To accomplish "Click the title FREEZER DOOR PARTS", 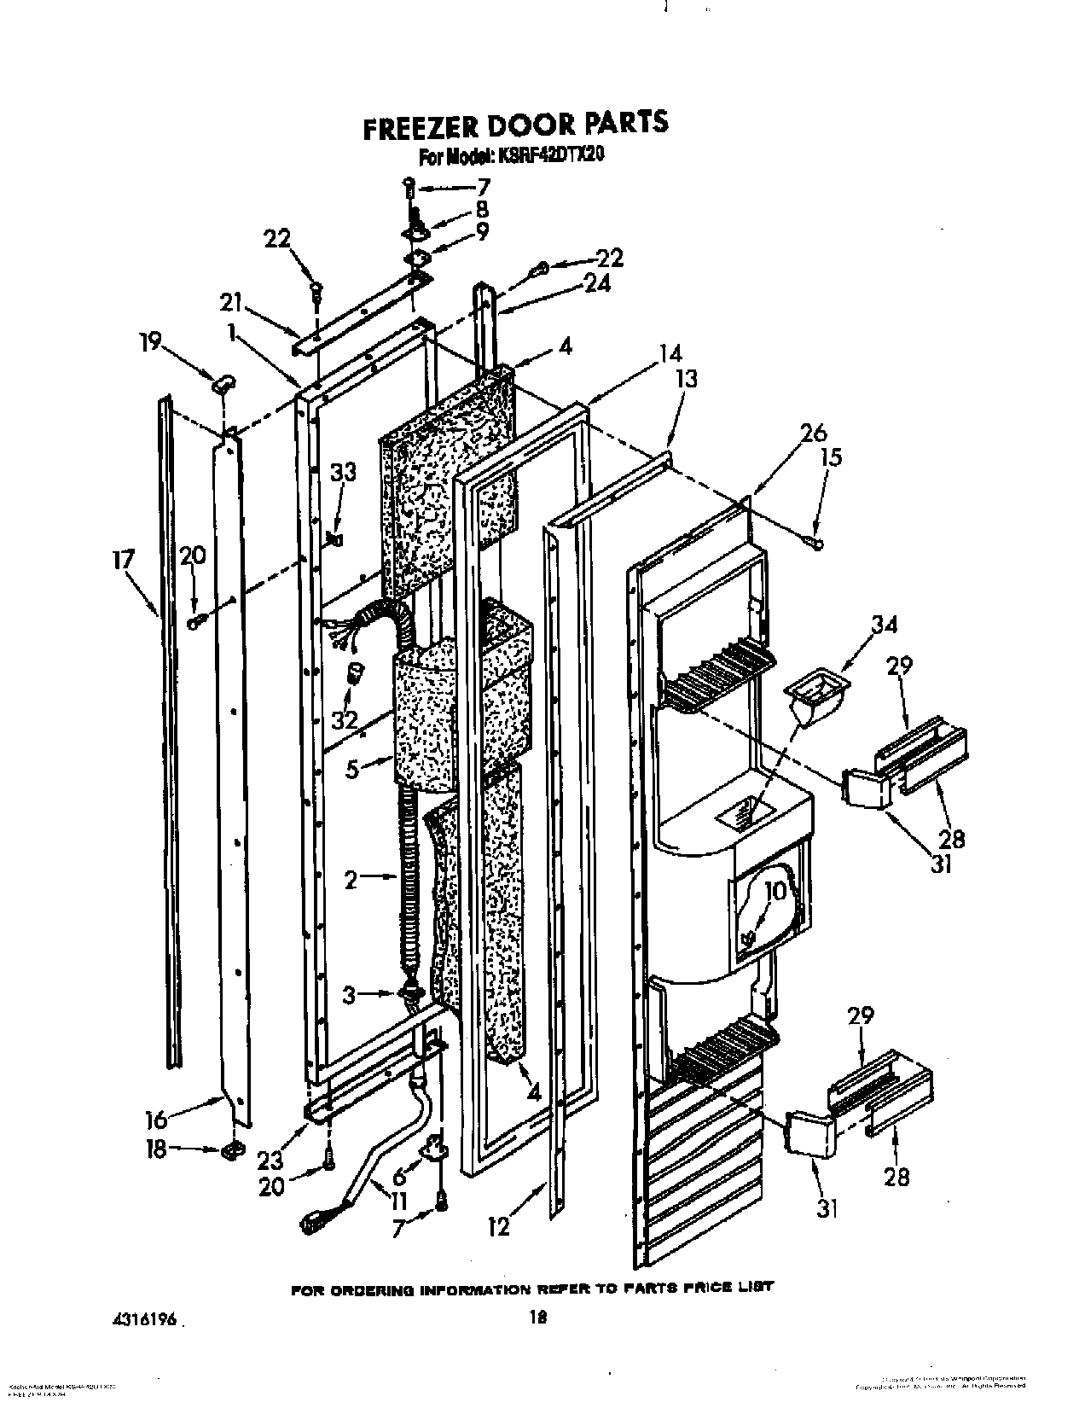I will (515, 123).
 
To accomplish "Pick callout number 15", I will (830, 457).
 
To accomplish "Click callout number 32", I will (345, 720).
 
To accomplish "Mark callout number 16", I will (156, 1118).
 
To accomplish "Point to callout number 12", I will (498, 1227).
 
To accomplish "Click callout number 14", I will (671, 352).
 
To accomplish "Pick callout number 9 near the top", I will (483, 230).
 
